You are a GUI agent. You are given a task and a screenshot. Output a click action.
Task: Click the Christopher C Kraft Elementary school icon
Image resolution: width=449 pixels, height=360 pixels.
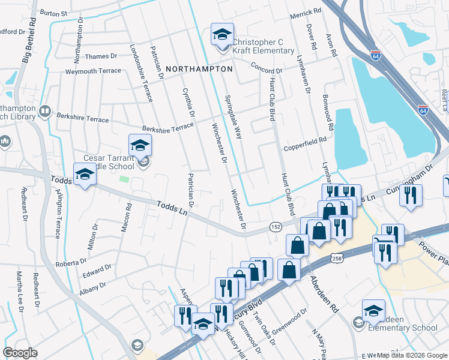pos(222,35)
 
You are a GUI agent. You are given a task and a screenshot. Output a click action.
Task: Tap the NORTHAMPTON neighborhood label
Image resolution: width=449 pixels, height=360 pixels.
pos(199,69)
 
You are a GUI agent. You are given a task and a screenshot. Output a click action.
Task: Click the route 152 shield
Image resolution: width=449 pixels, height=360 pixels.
pos(276,226)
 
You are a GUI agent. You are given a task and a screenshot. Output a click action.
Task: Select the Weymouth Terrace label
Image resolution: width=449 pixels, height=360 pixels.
pos(93,71)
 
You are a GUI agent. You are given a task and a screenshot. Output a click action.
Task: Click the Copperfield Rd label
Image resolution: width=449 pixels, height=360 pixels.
pos(305,142)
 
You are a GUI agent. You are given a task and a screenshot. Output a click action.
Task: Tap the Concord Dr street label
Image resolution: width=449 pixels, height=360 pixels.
pos(267,67)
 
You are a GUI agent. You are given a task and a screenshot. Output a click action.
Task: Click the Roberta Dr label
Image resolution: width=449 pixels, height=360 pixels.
pos(71,263)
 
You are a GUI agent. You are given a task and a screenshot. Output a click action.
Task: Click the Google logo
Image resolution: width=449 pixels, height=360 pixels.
pos(20,353)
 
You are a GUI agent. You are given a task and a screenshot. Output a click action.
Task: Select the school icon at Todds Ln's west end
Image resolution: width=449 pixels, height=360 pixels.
pos(85,175)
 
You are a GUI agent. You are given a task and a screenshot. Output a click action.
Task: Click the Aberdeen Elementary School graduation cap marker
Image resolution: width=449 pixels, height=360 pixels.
pos(373,310)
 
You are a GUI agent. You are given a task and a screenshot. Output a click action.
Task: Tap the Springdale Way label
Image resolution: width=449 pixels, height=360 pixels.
pos(233,117)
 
